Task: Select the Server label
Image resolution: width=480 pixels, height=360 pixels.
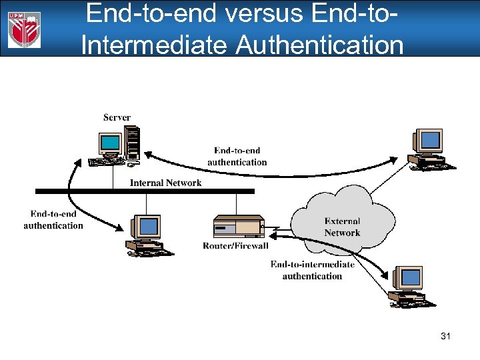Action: coord(117,118)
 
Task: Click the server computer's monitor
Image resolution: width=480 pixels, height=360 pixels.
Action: coord(110,143)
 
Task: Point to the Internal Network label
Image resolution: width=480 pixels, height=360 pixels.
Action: coord(165,183)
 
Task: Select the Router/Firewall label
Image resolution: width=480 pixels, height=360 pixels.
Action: coord(235,246)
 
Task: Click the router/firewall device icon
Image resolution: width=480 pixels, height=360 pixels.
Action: coord(238,227)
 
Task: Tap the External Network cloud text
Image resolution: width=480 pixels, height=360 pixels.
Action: coord(342,227)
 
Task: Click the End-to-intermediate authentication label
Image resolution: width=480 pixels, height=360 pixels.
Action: coord(312,270)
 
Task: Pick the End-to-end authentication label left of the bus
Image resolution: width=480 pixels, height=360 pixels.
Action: coord(53,219)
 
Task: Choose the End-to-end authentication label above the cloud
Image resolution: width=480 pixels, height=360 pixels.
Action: coord(237,156)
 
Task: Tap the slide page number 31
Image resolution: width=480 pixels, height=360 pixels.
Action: coord(445,337)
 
